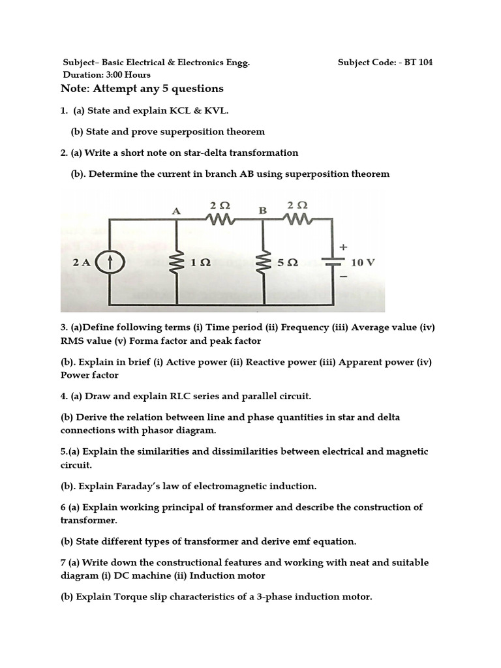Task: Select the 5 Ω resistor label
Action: (x=288, y=263)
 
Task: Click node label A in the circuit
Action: (x=175, y=210)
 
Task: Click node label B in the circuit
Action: (x=263, y=210)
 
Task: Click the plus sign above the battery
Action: (x=343, y=247)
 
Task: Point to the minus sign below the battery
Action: (x=343, y=277)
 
